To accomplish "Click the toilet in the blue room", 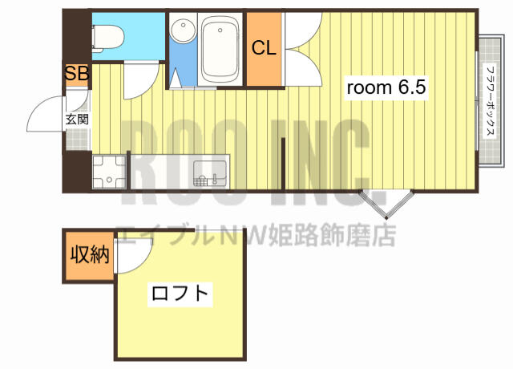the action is pyautogui.click(x=108, y=39).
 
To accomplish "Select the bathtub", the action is pyautogui.click(x=220, y=50).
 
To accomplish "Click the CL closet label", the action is pyautogui.click(x=264, y=48).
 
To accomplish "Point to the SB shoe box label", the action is pyautogui.click(x=77, y=73).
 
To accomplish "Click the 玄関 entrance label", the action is pyautogui.click(x=77, y=120).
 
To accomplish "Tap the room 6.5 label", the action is pyautogui.click(x=386, y=87).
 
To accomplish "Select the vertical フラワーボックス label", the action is pyautogui.click(x=491, y=102).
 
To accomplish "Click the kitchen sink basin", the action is pyautogui.click(x=210, y=173).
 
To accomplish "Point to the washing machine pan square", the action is pyautogui.click(x=109, y=172).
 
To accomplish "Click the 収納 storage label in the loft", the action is pyautogui.click(x=90, y=254).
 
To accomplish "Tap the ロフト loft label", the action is pyautogui.click(x=180, y=294).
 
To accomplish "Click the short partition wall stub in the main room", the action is pyautogui.click(x=283, y=164).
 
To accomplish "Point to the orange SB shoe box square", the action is pyautogui.click(x=77, y=75).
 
